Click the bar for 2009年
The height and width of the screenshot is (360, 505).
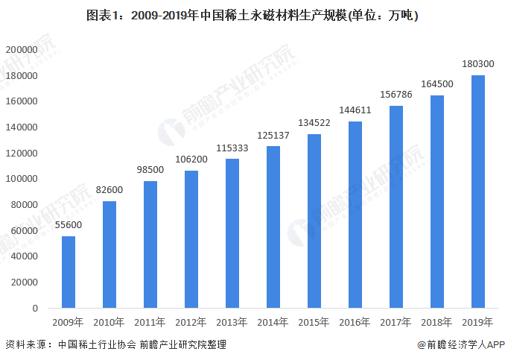coord(69,272)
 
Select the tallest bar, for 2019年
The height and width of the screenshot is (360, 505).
coord(478,192)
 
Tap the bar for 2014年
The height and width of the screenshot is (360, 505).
coord(273,227)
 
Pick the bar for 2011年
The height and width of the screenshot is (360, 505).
coord(150,244)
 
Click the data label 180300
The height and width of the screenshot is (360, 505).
coord(478,64)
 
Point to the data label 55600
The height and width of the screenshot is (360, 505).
coord(69,224)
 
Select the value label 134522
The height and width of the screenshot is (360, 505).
coord(314,123)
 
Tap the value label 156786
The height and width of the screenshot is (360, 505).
coord(396,95)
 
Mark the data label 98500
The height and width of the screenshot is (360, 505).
coord(150,169)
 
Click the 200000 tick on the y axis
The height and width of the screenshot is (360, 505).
coord(22,50)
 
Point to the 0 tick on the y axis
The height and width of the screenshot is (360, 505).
coord(35,309)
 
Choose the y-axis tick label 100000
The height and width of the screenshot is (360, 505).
coord(22,179)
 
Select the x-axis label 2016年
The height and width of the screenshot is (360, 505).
coord(355,322)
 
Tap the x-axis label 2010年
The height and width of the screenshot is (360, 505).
coord(109,322)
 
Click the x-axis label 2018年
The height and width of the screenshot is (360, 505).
coord(436,322)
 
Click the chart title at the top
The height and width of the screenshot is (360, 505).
coord(252,15)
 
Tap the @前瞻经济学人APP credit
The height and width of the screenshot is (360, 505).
coord(460,344)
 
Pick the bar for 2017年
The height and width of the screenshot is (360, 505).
coord(396,207)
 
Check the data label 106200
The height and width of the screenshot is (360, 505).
coord(191,160)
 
